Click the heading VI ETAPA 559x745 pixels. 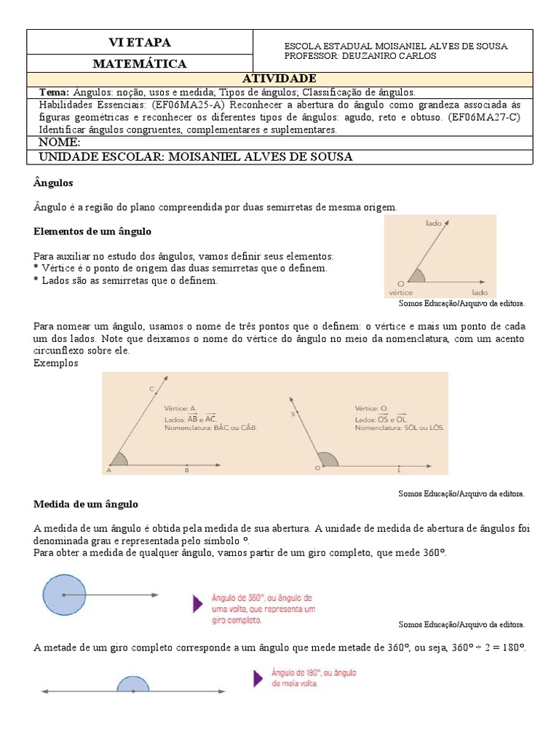point(139,42)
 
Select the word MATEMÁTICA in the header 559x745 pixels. point(139,64)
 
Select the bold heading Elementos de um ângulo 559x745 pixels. point(92,232)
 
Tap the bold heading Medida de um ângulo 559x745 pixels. point(86,503)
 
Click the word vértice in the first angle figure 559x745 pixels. point(401,292)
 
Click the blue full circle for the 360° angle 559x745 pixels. point(63,595)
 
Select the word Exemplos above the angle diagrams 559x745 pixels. point(55,362)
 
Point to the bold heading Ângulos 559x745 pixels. point(54,182)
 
